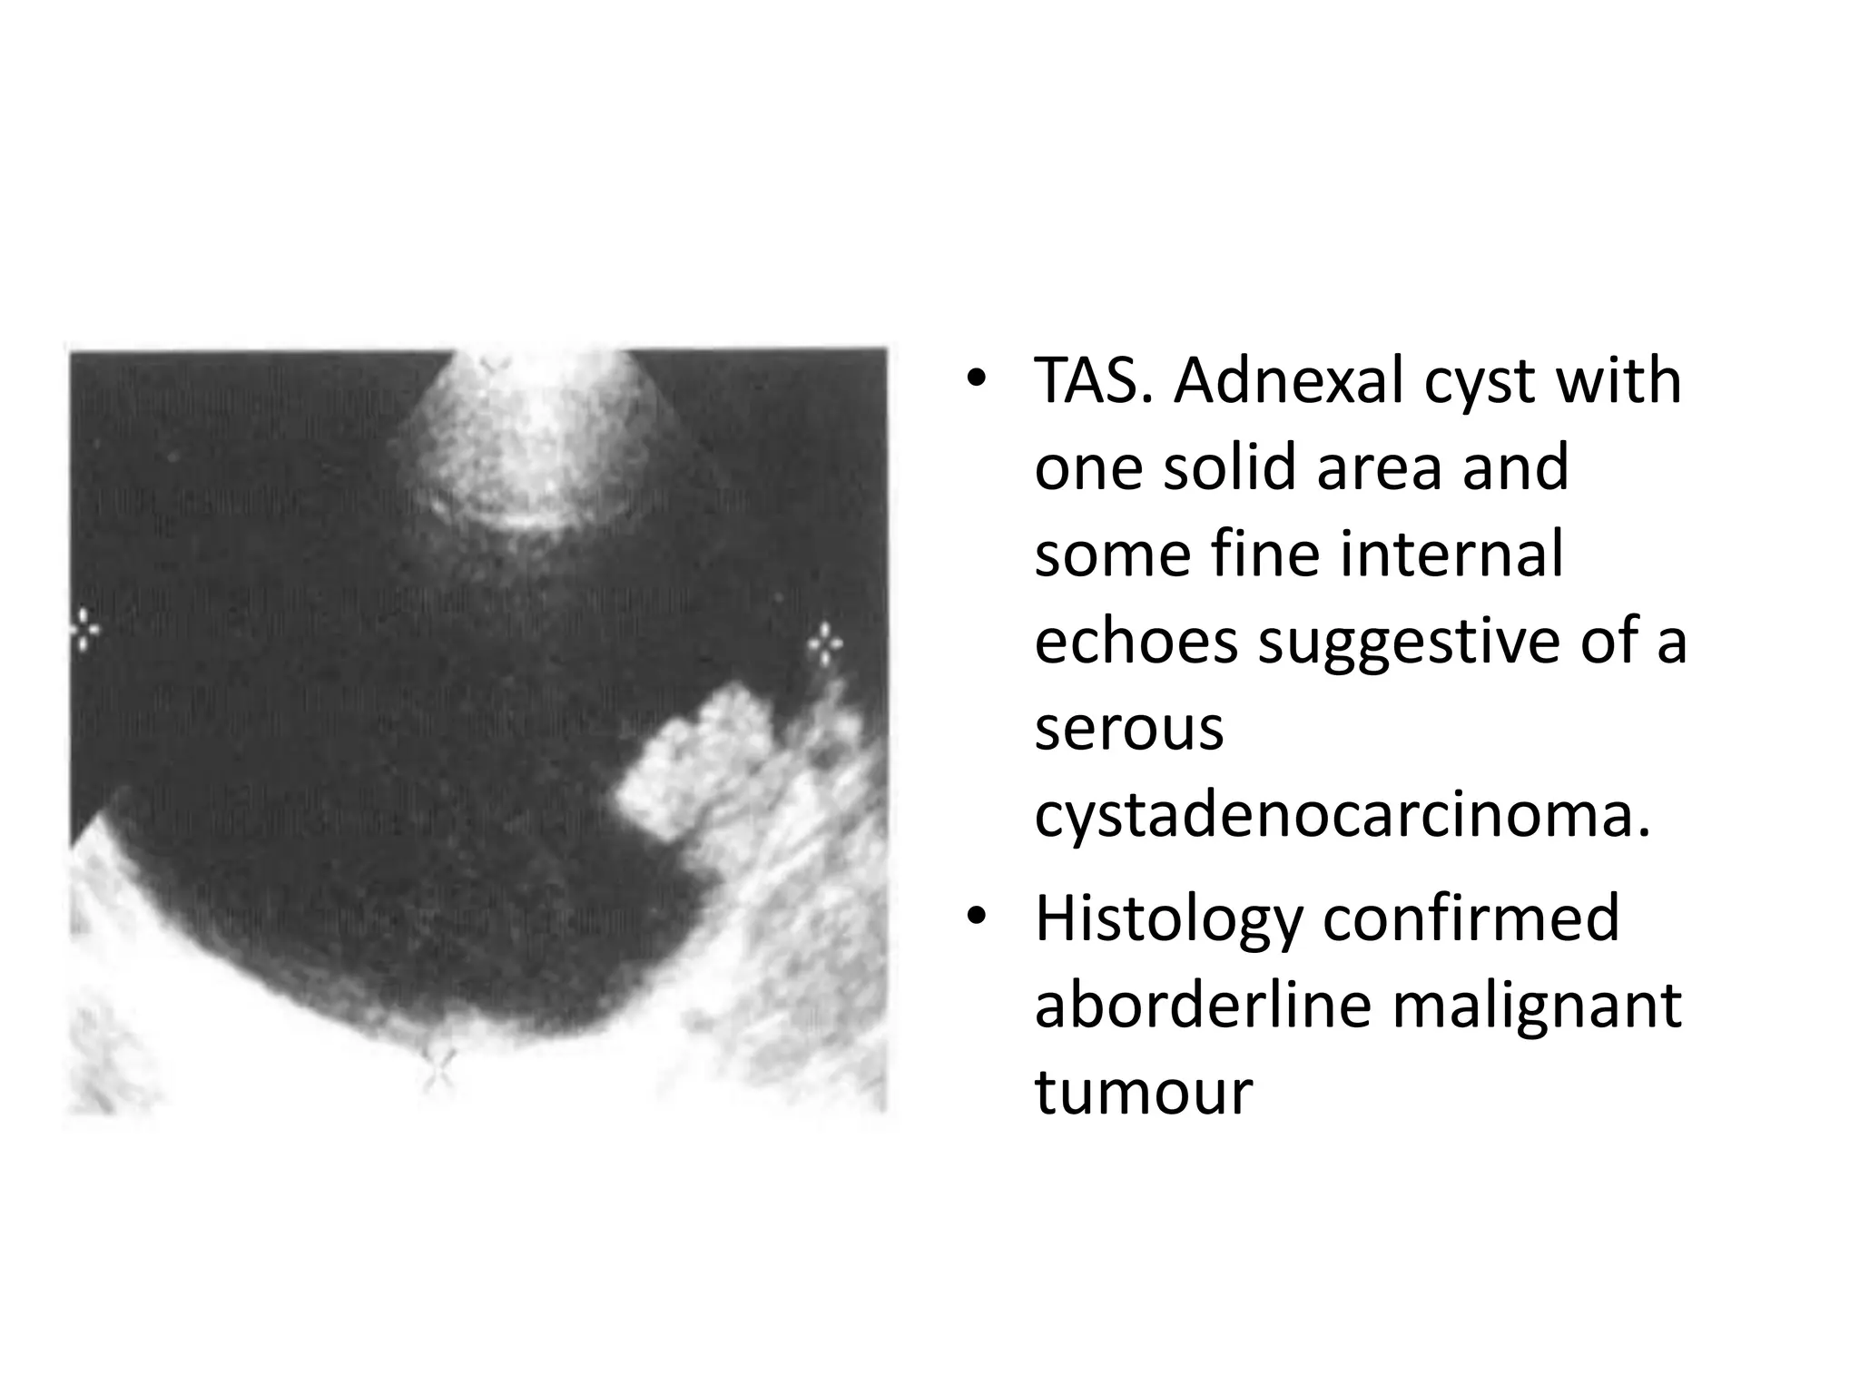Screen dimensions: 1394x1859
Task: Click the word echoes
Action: point(1136,641)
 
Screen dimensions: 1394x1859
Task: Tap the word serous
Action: point(1129,728)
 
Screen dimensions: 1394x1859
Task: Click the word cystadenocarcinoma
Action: point(1342,815)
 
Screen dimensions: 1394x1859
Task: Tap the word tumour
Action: point(1144,1091)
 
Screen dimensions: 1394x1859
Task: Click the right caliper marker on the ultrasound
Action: point(825,644)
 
